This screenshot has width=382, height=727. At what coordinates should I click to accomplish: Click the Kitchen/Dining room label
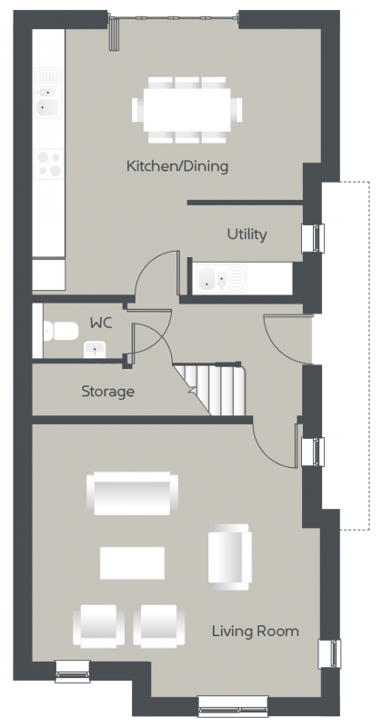click(177, 166)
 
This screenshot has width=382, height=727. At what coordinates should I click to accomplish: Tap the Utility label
click(246, 234)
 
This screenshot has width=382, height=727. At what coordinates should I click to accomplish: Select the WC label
click(101, 323)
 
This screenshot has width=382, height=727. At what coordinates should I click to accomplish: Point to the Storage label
click(108, 392)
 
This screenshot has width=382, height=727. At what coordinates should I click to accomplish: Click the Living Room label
click(256, 631)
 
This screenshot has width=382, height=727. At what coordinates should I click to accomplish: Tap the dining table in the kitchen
click(187, 110)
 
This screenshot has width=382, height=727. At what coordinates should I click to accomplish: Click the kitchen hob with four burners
click(49, 164)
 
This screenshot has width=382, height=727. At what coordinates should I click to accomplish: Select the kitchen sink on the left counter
click(48, 93)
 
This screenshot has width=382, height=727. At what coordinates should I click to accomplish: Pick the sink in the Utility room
click(221, 278)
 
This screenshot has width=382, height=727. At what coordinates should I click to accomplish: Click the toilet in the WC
click(60, 331)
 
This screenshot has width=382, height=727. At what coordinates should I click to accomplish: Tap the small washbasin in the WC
click(95, 349)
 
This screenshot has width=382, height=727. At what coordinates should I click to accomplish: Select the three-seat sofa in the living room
click(132, 493)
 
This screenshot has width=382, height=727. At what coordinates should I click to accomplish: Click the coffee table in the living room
click(132, 563)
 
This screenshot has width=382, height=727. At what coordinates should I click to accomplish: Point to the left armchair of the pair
click(98, 626)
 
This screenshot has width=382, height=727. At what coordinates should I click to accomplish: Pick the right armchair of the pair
click(159, 626)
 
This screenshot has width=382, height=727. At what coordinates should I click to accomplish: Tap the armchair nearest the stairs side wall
click(230, 557)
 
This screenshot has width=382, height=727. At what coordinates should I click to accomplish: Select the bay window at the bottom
click(233, 706)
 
